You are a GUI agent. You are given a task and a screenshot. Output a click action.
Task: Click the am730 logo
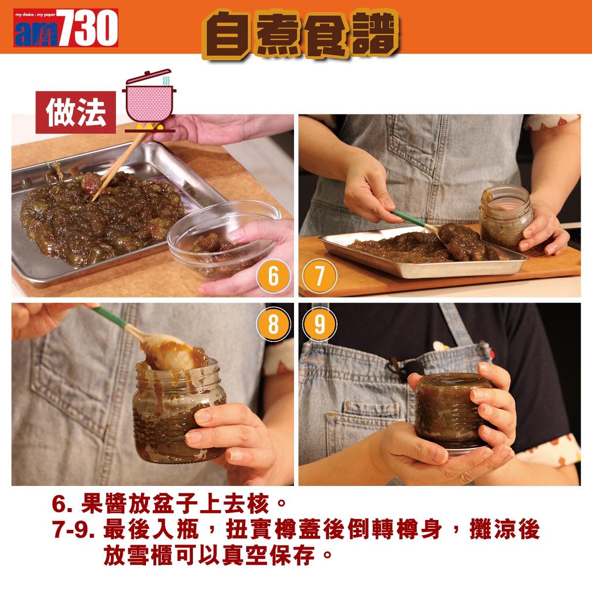[66, 28]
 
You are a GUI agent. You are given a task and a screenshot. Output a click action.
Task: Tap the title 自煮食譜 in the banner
[300, 34]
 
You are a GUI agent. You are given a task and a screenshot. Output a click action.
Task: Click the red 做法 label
[75, 112]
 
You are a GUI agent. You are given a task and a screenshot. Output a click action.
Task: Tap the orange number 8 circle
[273, 324]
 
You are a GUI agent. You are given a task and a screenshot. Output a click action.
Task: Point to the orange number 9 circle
[320, 324]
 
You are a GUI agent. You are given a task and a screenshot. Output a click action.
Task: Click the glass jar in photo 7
[506, 217]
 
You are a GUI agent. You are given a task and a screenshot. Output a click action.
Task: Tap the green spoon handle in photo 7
[408, 217]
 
